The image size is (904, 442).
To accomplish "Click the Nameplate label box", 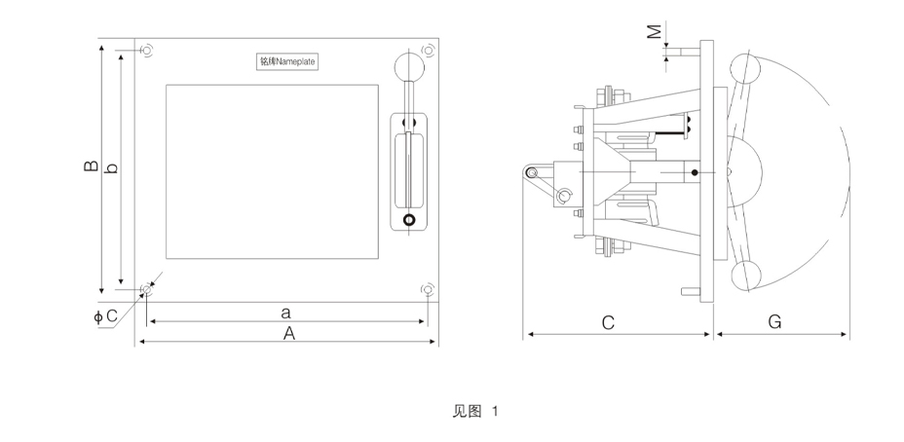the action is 287,61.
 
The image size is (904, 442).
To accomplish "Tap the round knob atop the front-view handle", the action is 409,67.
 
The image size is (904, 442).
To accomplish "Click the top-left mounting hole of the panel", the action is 147,51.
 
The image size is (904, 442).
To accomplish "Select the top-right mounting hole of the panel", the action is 428,50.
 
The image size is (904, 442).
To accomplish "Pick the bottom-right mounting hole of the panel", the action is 428,289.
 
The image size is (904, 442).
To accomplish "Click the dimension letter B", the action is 91,166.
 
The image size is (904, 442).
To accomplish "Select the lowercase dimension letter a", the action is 286,313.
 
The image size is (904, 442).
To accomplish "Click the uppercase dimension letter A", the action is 289,333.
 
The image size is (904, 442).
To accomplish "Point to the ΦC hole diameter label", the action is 105,316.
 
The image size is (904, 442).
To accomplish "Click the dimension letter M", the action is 654,32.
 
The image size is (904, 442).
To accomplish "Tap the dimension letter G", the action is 774,322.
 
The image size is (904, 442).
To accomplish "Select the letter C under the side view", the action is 608,322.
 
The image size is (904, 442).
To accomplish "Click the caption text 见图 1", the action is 475,412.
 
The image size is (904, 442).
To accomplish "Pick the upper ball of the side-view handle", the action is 745,68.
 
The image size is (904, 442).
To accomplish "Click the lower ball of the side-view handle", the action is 746,276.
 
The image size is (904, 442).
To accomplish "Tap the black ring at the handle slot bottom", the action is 409,220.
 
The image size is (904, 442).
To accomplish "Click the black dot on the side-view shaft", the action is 695,172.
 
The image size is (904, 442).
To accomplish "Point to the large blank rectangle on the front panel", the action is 272,171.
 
